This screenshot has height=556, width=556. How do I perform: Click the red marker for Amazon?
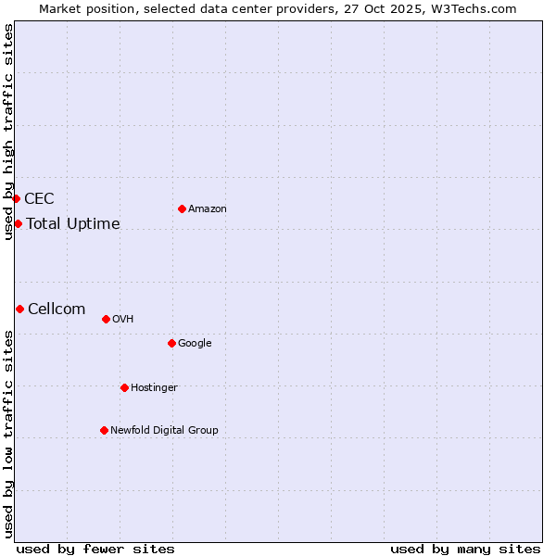[182, 208]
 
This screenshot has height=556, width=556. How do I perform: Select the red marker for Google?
[171, 343]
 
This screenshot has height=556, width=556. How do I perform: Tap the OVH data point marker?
[106, 319]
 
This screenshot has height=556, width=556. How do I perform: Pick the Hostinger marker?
[124, 387]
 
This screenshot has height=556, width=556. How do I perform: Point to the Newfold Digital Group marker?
[104, 430]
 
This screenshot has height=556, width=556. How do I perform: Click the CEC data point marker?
[16, 198]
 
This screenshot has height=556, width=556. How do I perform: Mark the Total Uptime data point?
[18, 223]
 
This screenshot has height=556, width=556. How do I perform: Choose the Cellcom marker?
[19, 309]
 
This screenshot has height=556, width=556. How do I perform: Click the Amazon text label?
[208, 209]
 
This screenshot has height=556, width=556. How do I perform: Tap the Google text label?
[195, 344]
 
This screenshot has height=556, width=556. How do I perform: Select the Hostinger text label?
[154, 388]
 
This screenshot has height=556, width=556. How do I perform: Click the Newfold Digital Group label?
[164, 431]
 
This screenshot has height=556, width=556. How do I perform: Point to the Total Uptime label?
[73, 224]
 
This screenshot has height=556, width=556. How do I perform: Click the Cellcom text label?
[57, 310]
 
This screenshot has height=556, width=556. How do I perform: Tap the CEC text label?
[39, 199]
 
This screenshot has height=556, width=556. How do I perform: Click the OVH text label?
[123, 320]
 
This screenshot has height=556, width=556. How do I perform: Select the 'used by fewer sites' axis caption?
[95, 549]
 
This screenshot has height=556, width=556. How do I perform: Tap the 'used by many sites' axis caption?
[465, 549]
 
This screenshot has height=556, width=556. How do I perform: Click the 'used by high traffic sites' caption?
[8, 132]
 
